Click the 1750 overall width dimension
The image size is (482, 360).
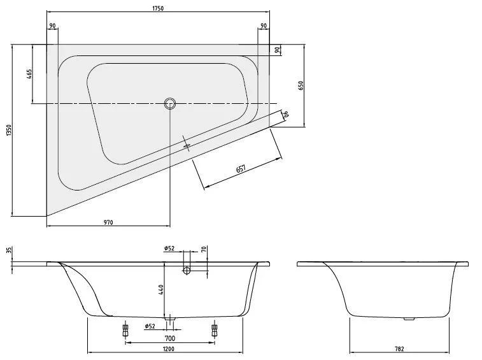tap(158, 8)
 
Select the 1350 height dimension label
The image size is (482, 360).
tap(8, 130)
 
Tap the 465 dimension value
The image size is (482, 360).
tap(29, 74)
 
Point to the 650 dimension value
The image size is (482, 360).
tap(301, 85)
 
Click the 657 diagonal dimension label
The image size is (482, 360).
tap(241, 169)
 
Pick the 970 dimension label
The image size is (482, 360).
tap(108, 222)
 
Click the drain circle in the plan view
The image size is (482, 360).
tap(169, 103)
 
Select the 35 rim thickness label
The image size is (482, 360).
tap(9, 250)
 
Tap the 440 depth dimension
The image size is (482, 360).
tap(160, 290)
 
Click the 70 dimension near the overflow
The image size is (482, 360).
tap(204, 249)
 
